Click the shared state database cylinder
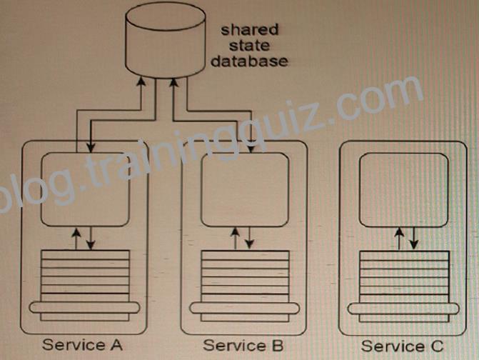coord(166,40)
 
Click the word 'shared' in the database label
coord(250,30)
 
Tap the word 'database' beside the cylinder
coord(249,61)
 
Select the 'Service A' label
coord(83,345)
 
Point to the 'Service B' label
coord(243,345)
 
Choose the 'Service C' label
coord(402,346)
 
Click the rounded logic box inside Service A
coord(85,189)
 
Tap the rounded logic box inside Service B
coord(245,189)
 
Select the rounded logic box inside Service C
coord(404,190)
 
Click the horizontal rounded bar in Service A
coord(84,307)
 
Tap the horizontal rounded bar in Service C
coord(403,309)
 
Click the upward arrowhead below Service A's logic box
coord(76,233)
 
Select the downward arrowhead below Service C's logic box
coord(413,244)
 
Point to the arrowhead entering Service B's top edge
coord(251,148)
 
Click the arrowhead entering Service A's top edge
coord(91,147)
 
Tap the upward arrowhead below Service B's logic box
coord(235,233)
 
